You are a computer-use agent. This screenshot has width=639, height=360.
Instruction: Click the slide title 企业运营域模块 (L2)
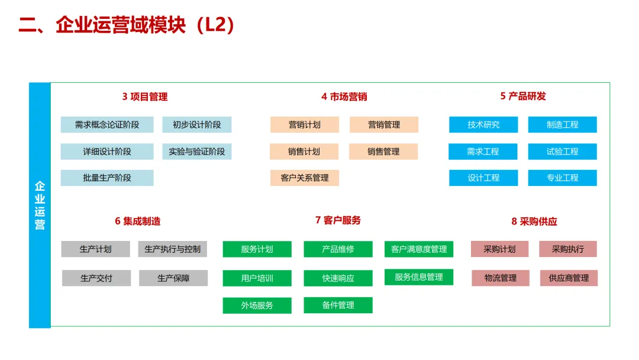coord(127,25)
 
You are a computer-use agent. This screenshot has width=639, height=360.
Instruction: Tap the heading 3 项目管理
coord(145,97)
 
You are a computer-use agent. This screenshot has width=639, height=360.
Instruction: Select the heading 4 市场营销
coord(344,97)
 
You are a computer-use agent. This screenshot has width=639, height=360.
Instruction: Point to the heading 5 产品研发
coord(523,96)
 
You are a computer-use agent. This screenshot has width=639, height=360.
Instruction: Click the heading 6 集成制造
coord(137,221)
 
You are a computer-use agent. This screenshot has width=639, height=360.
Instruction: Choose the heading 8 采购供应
coord(534,221)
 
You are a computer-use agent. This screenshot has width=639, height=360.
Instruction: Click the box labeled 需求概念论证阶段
coord(107,125)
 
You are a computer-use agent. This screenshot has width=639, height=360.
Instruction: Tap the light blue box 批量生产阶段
coord(107,178)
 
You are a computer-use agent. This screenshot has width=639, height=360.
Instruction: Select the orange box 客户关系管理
coord(305,178)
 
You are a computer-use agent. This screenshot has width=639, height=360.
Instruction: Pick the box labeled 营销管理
coord(384,125)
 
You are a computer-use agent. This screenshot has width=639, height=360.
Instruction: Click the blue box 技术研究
coord(483,125)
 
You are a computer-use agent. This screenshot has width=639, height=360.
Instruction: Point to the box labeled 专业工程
coord(563,178)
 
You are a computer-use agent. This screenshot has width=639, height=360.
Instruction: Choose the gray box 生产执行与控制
coord(173,249)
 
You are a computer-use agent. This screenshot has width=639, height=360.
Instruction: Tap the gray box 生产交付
coord(96,278)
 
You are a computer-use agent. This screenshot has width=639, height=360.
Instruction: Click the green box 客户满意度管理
coord(419,249)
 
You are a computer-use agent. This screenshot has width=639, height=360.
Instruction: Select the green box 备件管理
coord(338,306)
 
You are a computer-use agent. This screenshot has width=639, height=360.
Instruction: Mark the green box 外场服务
coord(257,306)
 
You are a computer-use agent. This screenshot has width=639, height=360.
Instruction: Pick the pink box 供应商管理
coord(569,278)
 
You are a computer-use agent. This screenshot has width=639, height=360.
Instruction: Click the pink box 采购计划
coord(499,249)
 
